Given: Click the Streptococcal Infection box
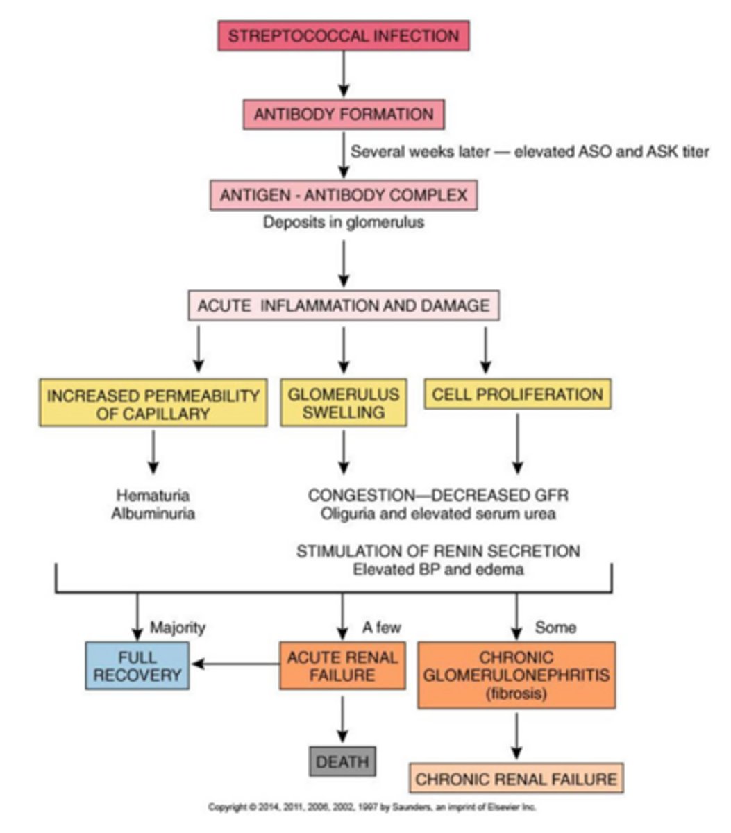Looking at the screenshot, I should (344, 35).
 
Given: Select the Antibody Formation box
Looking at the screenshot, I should (344, 115).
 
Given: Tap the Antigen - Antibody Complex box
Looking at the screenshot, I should (344, 195).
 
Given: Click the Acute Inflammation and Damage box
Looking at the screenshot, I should (344, 305).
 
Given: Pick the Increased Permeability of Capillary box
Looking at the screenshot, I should (153, 403).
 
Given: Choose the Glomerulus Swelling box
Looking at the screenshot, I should (344, 403).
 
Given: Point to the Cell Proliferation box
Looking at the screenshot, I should (517, 394).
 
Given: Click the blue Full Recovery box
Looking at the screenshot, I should (137, 665).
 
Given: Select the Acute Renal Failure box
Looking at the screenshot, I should (342, 665).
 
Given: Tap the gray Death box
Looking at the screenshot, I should (342, 761).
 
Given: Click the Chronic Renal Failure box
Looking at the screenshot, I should (516, 778).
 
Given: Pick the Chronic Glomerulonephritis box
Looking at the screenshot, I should (516, 675).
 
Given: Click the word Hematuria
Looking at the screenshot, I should (153, 496).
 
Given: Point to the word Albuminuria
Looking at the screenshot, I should (153, 514).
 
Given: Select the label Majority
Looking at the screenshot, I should (178, 628).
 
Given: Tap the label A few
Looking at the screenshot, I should (381, 628).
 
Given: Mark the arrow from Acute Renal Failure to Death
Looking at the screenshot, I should (342, 718).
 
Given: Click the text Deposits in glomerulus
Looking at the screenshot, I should (344, 223).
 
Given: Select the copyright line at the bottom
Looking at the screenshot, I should (372, 807).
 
